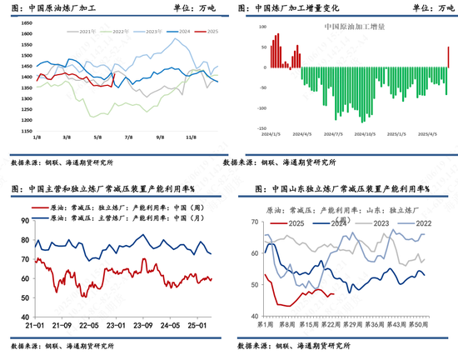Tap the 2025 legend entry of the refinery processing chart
(x=212, y=31)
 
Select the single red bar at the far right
(x=448, y=57)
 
